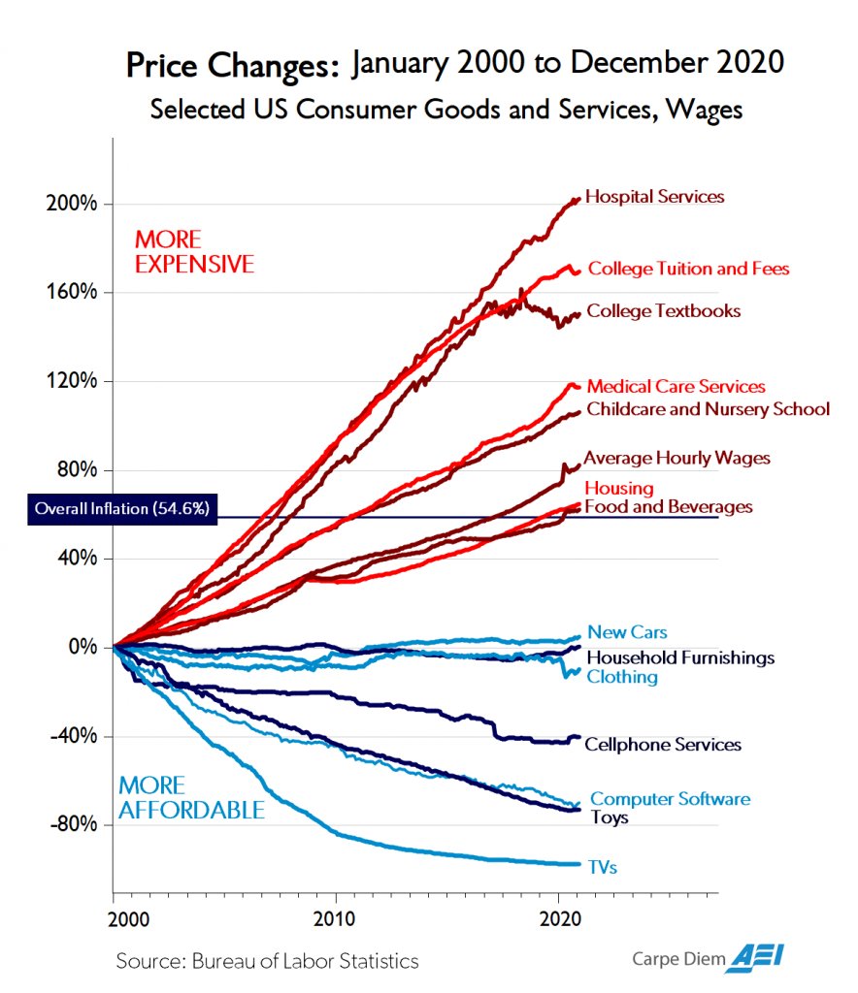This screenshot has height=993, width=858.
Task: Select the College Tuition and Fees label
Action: (688, 269)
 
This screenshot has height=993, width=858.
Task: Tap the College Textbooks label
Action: (663, 311)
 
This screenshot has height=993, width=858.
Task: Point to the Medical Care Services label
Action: (676, 387)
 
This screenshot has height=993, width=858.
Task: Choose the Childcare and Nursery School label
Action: (708, 408)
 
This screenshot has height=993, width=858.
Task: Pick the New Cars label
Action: (627, 633)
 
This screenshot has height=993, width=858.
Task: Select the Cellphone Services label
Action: (662, 745)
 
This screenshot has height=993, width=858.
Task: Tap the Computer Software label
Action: (670, 799)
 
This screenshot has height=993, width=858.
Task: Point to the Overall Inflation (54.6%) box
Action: (122, 508)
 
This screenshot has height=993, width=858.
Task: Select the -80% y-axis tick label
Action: (73, 824)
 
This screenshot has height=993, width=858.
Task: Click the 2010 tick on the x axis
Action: (336, 918)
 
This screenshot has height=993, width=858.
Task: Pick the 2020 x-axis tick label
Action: (558, 918)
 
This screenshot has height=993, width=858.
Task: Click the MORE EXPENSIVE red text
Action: (193, 251)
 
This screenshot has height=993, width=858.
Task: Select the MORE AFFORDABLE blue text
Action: (190, 797)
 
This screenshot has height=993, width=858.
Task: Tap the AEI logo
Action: (758, 958)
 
